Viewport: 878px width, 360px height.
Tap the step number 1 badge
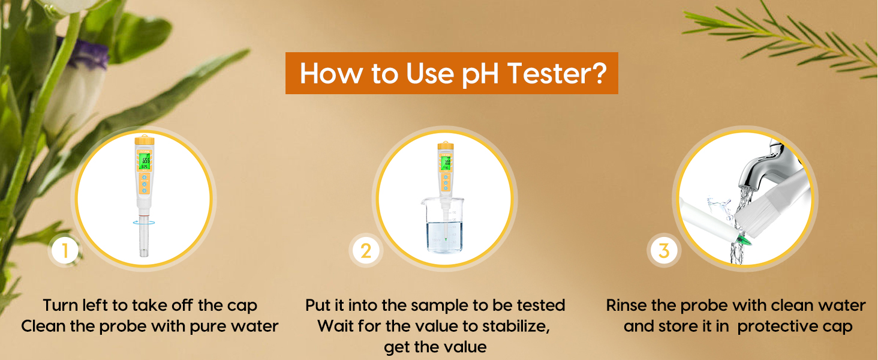coord(65,251)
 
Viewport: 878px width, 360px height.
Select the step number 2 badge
coord(365,251)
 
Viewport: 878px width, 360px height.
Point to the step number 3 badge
coord(663,251)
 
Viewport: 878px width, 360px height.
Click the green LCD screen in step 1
coord(144,160)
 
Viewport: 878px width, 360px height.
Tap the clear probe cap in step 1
coord(144,238)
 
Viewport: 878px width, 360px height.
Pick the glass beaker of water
coord(442,227)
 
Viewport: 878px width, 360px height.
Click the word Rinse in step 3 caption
coord(626,305)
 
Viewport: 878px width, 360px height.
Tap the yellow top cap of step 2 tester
coord(444,147)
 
